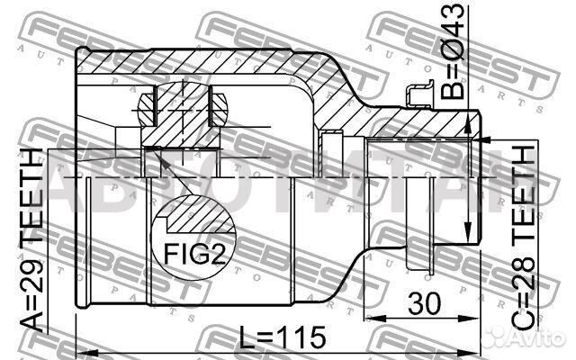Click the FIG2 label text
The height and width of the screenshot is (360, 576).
194,254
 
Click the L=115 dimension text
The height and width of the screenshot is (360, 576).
283,337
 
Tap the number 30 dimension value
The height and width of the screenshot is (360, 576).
424,304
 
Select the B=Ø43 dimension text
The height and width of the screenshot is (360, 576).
453,51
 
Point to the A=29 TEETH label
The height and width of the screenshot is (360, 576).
31,239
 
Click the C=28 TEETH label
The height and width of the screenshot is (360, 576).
524,238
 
